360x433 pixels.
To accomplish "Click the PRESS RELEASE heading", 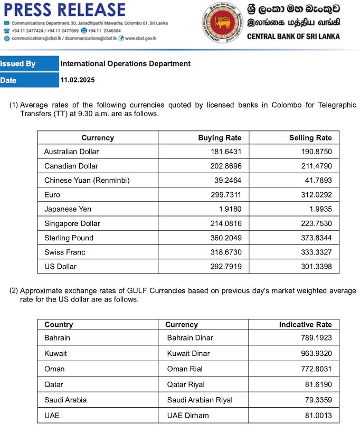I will [64, 10].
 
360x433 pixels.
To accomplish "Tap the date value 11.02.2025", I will [77, 80].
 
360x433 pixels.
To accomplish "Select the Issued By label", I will [18, 64].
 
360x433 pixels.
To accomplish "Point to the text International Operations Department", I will [126, 64].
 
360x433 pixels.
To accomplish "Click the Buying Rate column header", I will [220, 138].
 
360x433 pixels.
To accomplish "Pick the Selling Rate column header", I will [310, 138].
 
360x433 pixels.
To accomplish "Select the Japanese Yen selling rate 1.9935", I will [319, 209].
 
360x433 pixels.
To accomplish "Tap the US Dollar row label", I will [60, 266].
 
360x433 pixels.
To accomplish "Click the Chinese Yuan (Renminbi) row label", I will [87, 181].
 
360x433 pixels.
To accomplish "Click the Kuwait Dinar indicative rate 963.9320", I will [314, 353].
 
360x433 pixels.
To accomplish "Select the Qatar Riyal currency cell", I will [186, 384].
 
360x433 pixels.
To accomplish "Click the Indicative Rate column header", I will [306, 325].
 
